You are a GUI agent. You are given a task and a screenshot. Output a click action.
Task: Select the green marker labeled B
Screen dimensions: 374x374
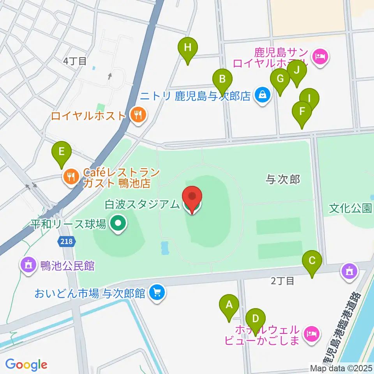click(x=222, y=79)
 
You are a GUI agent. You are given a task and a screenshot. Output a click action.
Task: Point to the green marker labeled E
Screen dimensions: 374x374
click(x=62, y=151)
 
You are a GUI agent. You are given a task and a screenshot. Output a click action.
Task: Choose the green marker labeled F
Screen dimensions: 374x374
click(x=302, y=111)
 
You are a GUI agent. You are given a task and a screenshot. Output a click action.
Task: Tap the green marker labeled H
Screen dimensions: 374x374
click(x=188, y=48)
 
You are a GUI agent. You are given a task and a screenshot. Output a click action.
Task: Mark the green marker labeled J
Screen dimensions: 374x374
click(x=297, y=71)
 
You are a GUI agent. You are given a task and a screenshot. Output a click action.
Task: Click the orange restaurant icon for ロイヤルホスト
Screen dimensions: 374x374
click(x=137, y=115)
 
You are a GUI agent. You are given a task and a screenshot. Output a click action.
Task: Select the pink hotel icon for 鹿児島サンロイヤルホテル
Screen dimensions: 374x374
click(x=321, y=57)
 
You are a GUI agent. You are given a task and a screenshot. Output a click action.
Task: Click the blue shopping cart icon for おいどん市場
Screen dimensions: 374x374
click(x=157, y=292)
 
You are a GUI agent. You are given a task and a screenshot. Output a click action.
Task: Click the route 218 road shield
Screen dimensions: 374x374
click(x=66, y=242)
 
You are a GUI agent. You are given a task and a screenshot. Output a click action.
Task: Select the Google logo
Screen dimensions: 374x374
click(x=26, y=365)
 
